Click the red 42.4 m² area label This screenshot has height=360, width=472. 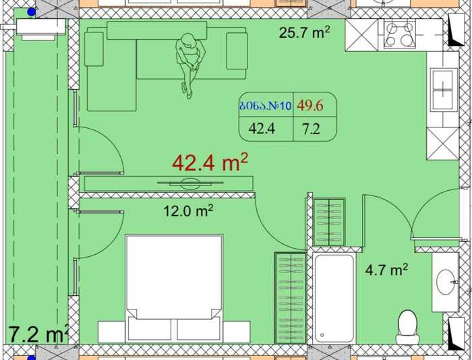[210, 162]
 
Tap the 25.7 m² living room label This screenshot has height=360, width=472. [304, 32]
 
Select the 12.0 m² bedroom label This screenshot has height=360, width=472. [188, 210]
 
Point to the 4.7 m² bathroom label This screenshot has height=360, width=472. [386, 270]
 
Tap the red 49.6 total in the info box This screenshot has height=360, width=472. [310, 105]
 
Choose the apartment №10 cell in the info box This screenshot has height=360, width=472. [266, 106]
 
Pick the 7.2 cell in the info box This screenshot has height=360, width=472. [311, 129]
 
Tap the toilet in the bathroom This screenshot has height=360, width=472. [407, 327]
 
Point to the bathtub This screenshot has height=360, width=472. [334, 298]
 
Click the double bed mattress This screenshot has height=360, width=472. [174, 277]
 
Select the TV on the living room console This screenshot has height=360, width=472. [190, 183]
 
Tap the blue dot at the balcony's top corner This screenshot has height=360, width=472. [32, 12]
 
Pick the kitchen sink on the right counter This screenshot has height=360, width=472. [443, 90]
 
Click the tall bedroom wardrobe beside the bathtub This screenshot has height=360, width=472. [291, 298]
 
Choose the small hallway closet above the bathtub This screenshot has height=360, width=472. [329, 222]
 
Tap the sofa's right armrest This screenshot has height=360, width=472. [237, 51]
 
